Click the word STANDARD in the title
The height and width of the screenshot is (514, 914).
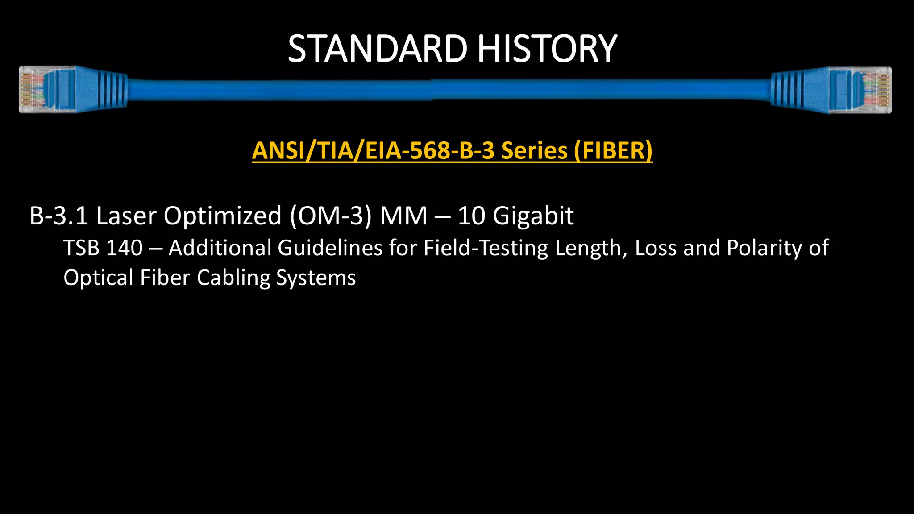(377, 49)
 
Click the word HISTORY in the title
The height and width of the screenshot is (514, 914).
(547, 49)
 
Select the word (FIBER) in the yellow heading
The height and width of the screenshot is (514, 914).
(613, 151)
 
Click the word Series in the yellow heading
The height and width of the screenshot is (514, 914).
(534, 151)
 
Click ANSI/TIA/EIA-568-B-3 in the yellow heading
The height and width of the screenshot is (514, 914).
(373, 151)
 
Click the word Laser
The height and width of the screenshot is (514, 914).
(126, 216)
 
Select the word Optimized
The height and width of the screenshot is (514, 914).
(223, 216)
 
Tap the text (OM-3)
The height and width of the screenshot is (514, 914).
(331, 216)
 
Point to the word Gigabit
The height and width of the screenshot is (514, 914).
(533, 216)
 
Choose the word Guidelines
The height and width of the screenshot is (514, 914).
(330, 248)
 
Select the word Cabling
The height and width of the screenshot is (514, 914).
(233, 278)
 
